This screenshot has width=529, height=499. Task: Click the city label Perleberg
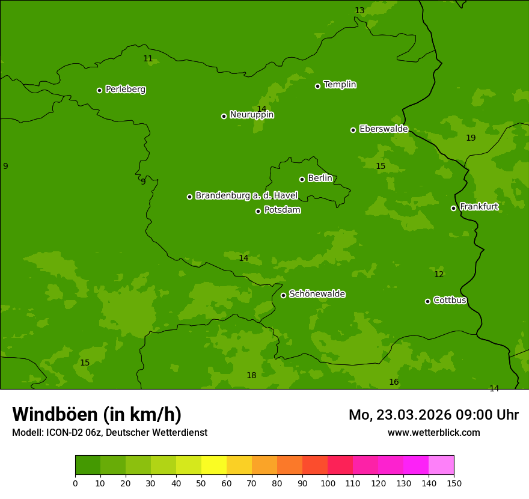[125, 90]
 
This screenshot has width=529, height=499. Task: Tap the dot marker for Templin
[317, 86]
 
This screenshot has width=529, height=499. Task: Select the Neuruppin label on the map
[251, 115]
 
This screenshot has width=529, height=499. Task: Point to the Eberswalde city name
[384, 129]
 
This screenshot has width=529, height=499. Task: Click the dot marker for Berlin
[302, 179]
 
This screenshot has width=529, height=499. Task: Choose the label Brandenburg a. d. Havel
[246, 196]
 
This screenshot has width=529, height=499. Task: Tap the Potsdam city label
[282, 210]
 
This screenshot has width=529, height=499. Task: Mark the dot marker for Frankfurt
[453, 208]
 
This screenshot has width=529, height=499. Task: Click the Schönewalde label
[317, 294]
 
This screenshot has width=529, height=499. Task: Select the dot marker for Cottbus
[427, 301]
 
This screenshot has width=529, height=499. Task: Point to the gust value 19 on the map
[471, 138]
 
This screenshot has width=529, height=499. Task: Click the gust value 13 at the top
[359, 11]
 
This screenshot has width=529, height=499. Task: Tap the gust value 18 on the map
[251, 376]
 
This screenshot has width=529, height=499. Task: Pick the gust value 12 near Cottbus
[439, 275]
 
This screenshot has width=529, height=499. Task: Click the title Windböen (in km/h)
[97, 414]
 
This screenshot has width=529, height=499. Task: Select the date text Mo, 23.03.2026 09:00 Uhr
[433, 415]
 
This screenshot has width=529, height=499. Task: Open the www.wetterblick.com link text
[433, 433]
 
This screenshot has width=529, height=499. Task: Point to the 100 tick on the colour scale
[328, 483]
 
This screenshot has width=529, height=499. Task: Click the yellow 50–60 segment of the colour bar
[214, 465]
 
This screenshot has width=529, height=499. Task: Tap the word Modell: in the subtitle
[28, 433]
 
